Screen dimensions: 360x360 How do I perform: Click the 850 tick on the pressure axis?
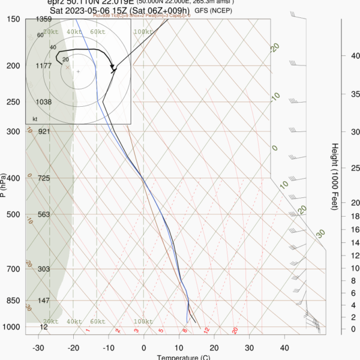[12, 300]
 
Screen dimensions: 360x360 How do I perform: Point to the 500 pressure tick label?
[12, 214]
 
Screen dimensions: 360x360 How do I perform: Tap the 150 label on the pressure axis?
[12, 19]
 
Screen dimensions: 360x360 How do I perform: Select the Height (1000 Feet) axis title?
[334, 176]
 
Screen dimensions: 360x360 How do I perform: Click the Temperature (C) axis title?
[183, 358]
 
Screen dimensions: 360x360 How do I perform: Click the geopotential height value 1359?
[43, 19]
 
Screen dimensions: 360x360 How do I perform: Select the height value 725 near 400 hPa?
[43, 178]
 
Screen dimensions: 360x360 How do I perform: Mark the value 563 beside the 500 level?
[43, 214]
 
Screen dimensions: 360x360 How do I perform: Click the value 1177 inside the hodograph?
[43, 66]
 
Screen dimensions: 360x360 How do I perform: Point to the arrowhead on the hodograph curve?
[114, 68]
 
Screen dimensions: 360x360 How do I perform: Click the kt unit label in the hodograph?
[35, 119]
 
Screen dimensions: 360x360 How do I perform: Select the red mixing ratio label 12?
[206, 330]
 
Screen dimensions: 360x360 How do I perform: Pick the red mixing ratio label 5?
[161, 330]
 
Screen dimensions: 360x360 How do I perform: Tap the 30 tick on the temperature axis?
[250, 347]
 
